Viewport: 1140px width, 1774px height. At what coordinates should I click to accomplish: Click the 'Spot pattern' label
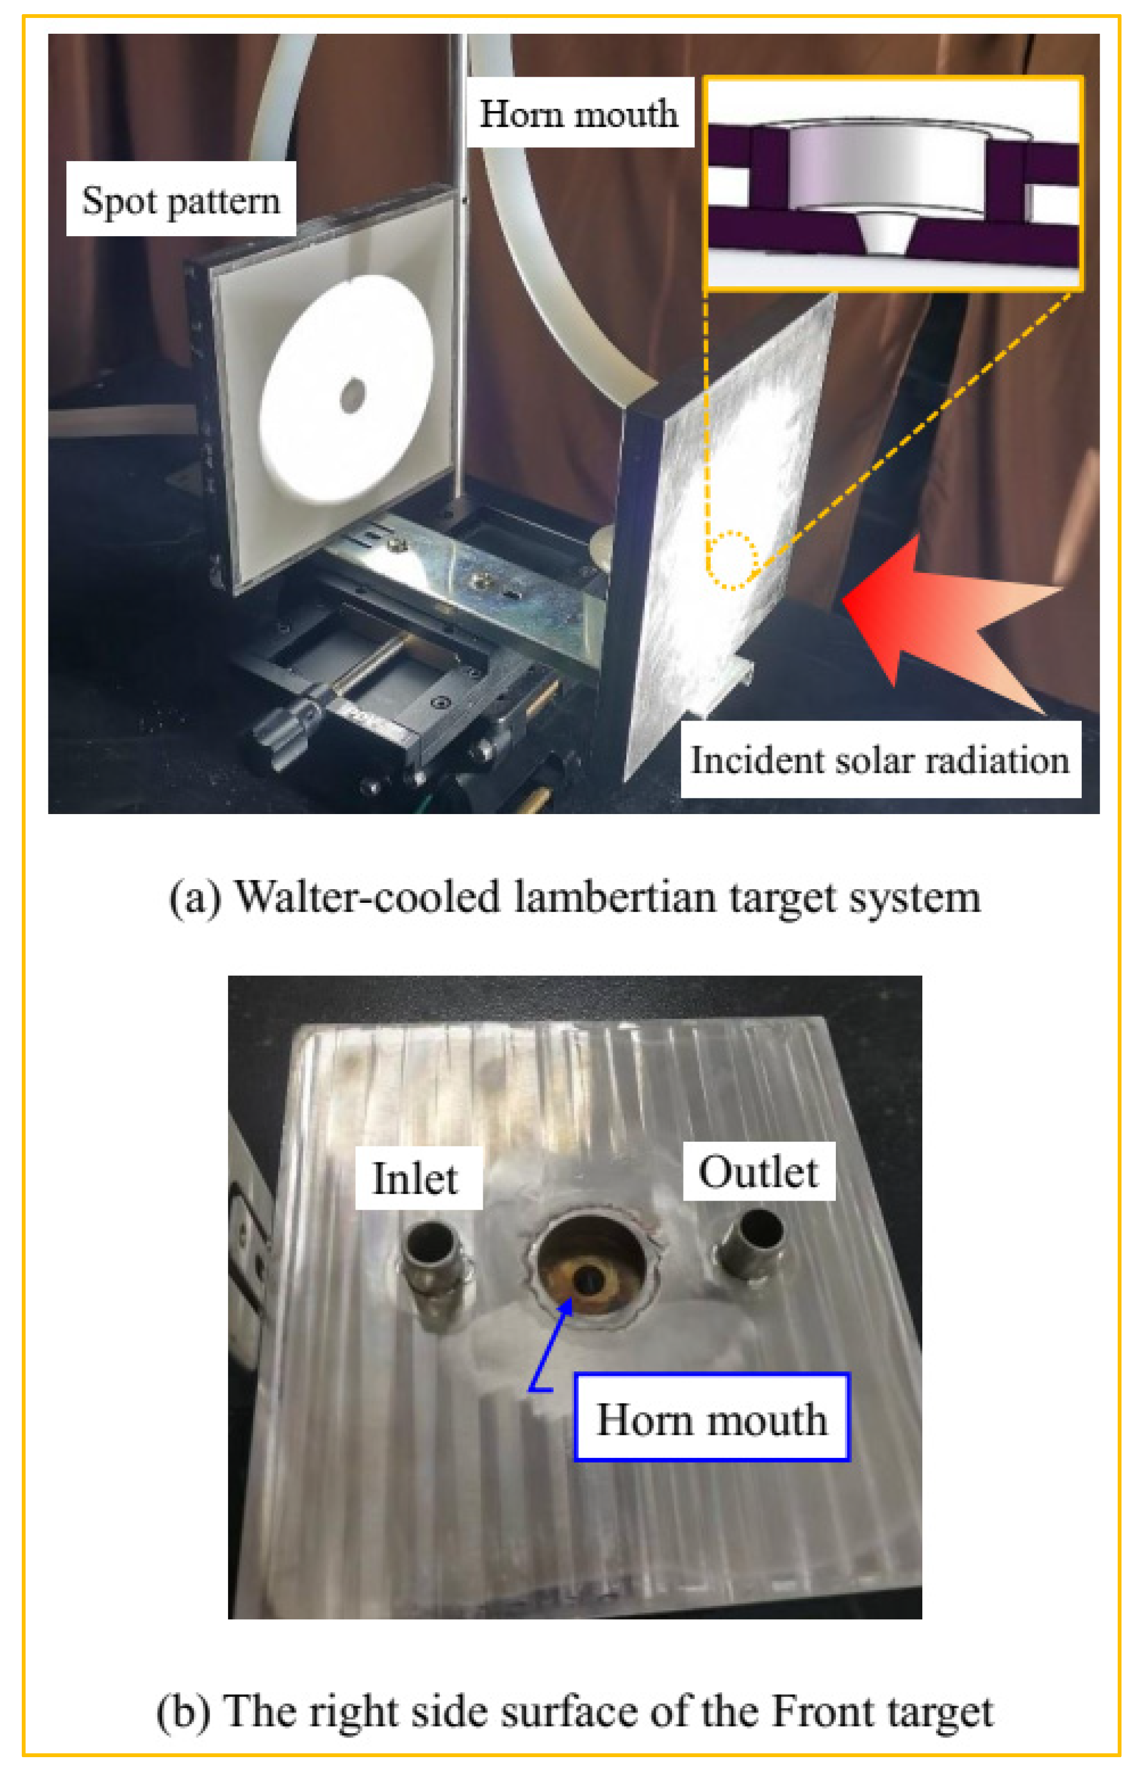coord(181,199)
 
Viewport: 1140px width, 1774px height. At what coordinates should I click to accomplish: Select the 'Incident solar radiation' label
coord(880,760)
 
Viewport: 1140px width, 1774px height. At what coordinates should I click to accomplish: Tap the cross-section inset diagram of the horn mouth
coord(893,183)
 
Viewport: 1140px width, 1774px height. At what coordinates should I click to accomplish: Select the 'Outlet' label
coord(759,1172)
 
